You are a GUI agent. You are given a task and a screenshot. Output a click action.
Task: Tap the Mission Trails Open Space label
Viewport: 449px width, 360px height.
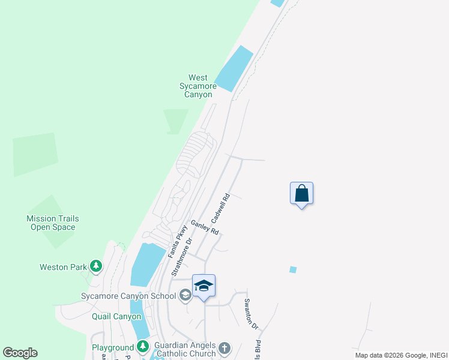coord(53,223)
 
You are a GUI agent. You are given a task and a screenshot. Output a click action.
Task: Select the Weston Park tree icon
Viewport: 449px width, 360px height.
coord(95,266)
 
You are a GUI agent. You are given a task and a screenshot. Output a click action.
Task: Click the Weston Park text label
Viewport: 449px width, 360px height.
coord(64,267)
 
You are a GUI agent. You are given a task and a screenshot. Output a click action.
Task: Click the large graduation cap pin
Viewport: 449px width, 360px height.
coord(203,286)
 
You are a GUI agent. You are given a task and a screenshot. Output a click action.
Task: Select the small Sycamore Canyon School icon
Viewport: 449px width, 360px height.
coord(186,295)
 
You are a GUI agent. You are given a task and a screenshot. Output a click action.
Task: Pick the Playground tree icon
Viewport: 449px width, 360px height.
coord(143,346)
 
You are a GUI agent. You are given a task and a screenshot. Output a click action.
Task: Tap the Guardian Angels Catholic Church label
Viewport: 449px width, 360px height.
coord(184,349)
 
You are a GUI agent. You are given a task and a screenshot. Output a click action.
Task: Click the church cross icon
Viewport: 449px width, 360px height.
coord(224,347)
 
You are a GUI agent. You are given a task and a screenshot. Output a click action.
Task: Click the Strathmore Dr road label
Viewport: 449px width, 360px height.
coord(181,257)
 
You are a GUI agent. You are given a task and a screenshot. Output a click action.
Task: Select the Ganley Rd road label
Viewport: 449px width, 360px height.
coord(205,227)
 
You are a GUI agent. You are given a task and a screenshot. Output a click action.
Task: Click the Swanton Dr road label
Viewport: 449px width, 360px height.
coord(250,314)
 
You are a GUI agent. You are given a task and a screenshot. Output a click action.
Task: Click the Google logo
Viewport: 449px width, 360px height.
coord(20,353)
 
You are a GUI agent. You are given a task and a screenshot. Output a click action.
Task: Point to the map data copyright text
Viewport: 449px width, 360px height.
coord(401,355)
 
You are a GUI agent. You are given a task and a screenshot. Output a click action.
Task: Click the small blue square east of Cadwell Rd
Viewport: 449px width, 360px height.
coord(293,269)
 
